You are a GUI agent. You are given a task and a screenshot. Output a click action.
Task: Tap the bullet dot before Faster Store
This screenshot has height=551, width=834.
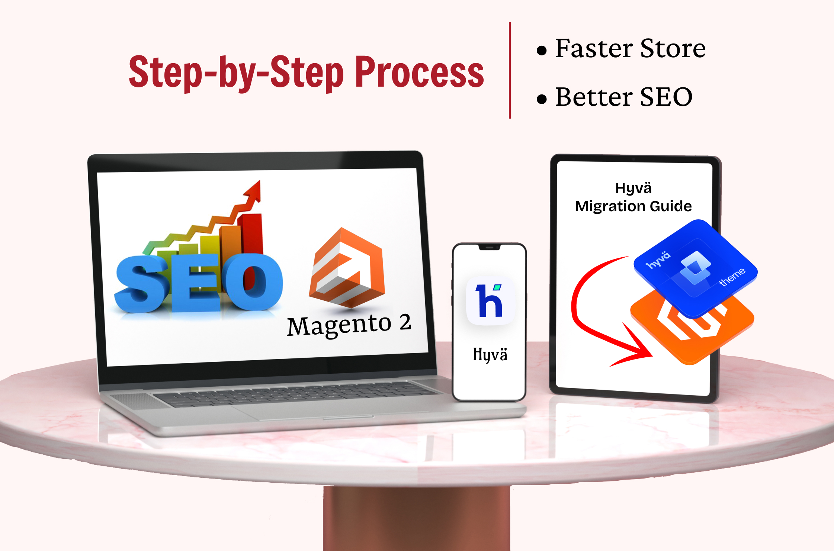pyautogui.click(x=542, y=50)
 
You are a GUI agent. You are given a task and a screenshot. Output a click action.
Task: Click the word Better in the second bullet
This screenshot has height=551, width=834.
pyautogui.click(x=594, y=97)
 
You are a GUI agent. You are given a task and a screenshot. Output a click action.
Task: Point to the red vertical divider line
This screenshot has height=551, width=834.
pyautogui.click(x=510, y=70)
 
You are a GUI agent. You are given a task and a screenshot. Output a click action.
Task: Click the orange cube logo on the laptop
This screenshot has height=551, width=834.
pyautogui.click(x=347, y=268)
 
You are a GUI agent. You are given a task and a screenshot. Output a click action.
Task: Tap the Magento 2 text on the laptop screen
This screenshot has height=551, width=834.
pyautogui.click(x=349, y=324)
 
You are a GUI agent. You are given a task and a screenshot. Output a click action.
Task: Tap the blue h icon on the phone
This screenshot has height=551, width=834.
pyautogui.click(x=490, y=300)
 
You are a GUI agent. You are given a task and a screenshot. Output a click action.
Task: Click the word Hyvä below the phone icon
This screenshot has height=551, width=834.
pyautogui.click(x=490, y=354)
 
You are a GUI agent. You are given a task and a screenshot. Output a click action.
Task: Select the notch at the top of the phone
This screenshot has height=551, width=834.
pyautogui.click(x=490, y=247)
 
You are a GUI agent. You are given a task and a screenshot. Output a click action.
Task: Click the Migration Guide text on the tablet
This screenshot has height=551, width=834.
pyautogui.click(x=633, y=206)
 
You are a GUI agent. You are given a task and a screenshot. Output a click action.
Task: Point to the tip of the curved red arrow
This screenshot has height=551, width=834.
pyautogui.click(x=652, y=356)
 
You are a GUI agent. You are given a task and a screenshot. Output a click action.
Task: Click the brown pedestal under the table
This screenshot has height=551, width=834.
pyautogui.click(x=417, y=518)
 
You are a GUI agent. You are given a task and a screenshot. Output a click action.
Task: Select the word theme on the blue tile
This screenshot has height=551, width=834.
pyautogui.click(x=732, y=277)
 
